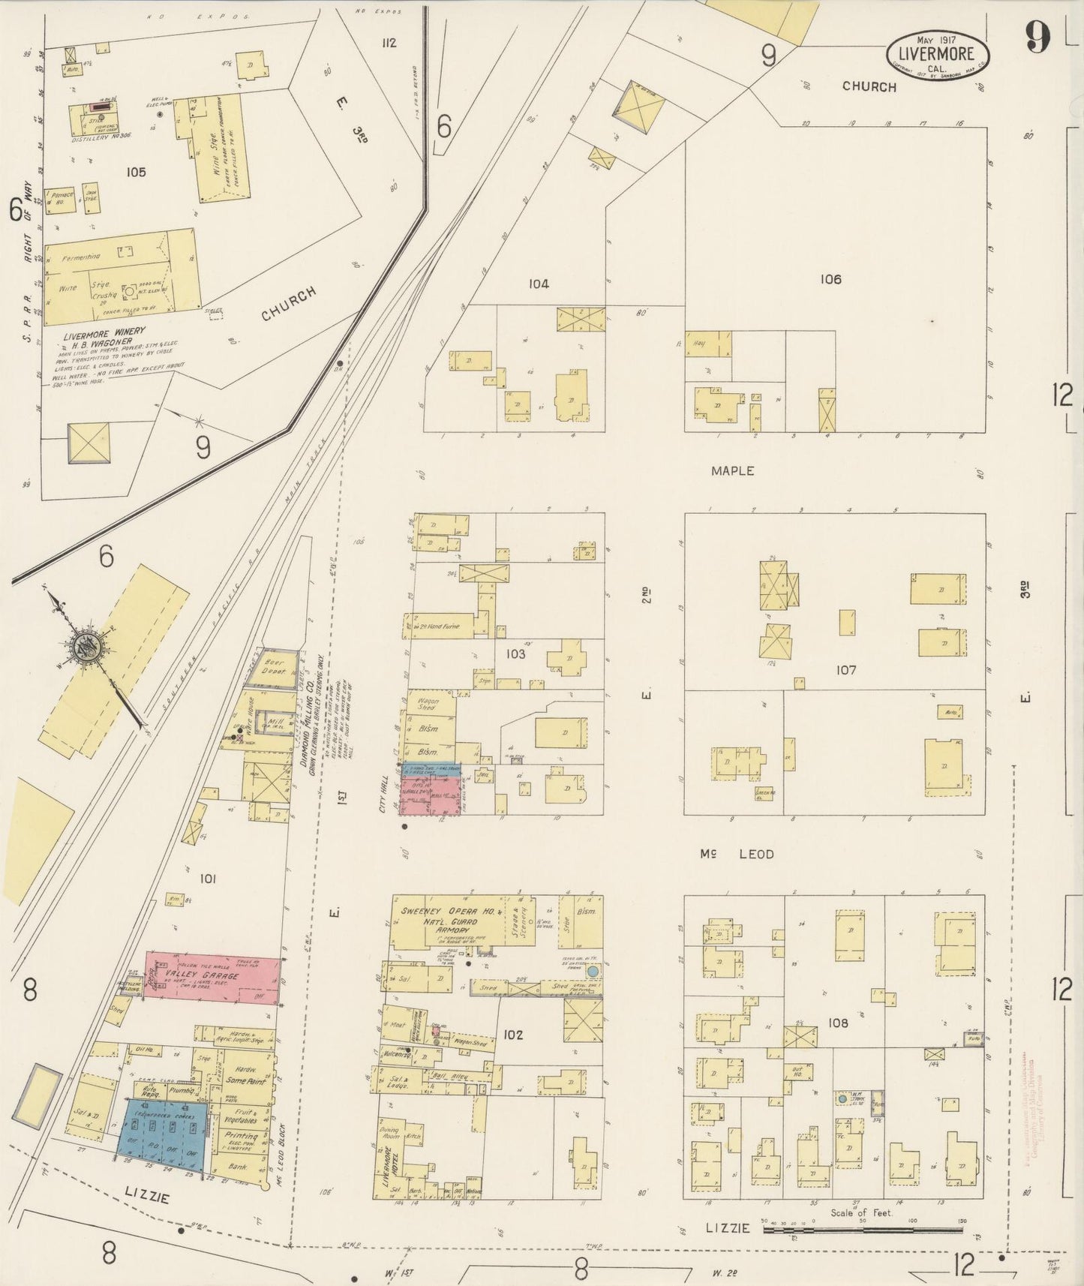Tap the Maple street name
[732, 471]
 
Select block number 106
[830, 279]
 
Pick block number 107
[845, 670]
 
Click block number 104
[538, 284]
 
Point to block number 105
[136, 172]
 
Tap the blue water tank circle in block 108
[842, 1098]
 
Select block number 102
[513, 1035]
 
